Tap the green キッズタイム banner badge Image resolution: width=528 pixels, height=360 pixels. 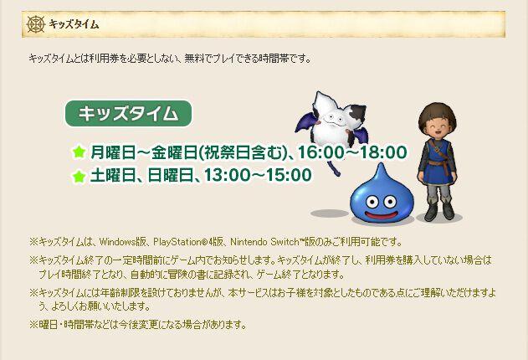click(x=128, y=114)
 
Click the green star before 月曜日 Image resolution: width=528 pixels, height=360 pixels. click(x=79, y=152)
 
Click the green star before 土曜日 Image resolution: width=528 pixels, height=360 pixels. click(x=79, y=176)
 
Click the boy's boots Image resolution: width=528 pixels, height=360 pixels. click(x=438, y=213)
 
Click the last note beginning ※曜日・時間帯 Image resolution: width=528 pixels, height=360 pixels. click(x=138, y=324)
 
